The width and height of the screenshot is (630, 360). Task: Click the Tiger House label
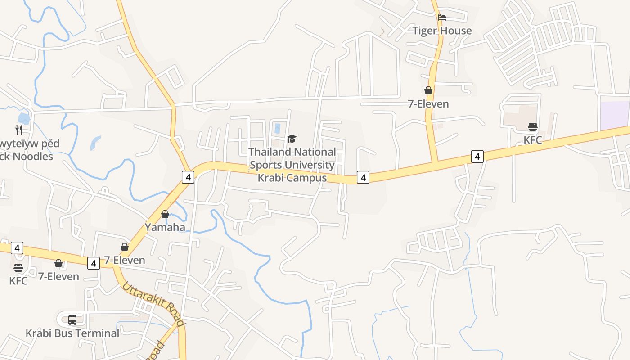click(442, 31)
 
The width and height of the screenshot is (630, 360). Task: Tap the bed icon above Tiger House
click(442, 18)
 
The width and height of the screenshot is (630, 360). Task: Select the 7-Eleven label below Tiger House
click(428, 104)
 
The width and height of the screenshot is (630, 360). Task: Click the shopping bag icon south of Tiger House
click(428, 91)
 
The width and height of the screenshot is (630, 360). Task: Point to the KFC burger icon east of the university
click(533, 127)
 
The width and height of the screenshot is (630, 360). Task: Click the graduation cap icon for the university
click(292, 139)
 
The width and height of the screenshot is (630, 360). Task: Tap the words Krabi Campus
click(292, 178)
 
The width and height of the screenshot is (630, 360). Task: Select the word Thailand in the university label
click(270, 152)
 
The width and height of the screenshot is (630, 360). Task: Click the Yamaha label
click(165, 227)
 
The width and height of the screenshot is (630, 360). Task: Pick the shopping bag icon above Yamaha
click(165, 214)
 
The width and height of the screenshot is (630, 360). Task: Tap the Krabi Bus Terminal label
click(72, 333)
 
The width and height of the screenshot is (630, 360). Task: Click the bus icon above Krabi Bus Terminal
click(72, 320)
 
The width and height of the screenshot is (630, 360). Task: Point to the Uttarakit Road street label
click(154, 304)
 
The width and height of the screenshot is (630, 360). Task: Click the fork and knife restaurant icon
click(19, 130)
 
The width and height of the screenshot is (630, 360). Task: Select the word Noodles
click(32, 157)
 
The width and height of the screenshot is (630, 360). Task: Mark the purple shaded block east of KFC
click(615, 115)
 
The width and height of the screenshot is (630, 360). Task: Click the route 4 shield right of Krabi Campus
click(363, 177)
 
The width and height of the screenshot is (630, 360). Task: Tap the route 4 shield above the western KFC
click(17, 247)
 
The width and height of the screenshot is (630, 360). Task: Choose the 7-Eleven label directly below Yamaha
click(125, 260)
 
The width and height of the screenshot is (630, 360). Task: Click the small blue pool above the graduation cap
click(277, 128)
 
